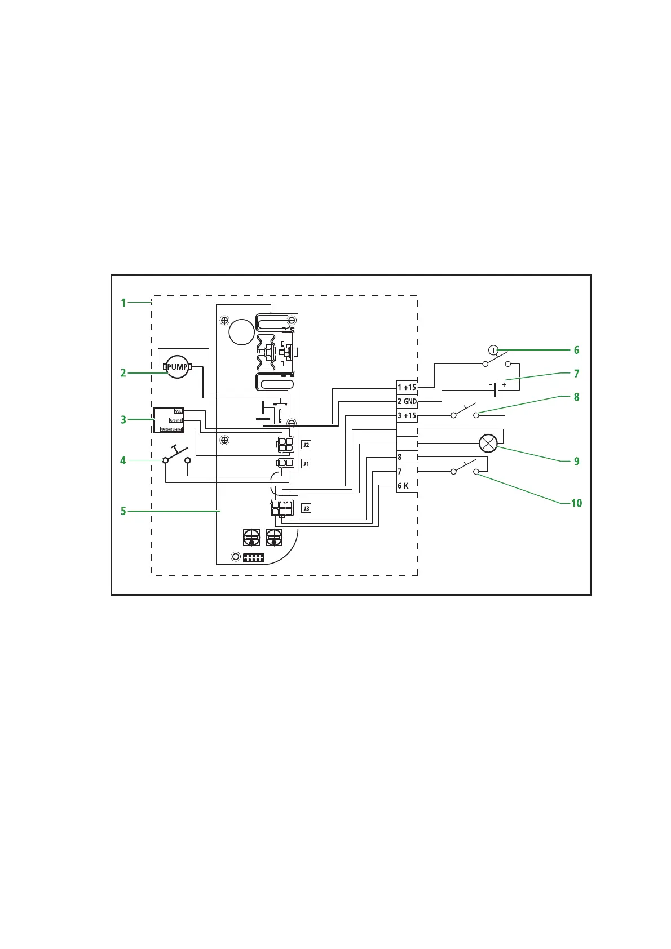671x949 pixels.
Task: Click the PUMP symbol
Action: point(178,367)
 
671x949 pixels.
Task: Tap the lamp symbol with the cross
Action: point(487,444)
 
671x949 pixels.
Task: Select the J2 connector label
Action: point(306,445)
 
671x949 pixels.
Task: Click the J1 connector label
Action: point(306,464)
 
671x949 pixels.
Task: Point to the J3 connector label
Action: point(306,508)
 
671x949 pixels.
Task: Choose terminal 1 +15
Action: point(407,387)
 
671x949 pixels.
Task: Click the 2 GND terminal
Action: point(407,401)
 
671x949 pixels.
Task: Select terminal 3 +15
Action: point(407,415)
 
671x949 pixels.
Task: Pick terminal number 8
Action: point(400,457)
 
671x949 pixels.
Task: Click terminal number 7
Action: point(400,471)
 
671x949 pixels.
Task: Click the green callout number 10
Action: point(576,503)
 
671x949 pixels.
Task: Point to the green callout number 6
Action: point(576,350)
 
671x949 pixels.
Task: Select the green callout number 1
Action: point(123,303)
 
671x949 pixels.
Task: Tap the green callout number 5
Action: point(123,511)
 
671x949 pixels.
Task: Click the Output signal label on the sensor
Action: point(171,429)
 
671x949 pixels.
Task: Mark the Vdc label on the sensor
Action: point(178,411)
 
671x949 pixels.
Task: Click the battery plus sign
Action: point(504,384)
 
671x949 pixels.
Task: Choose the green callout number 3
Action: point(123,420)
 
